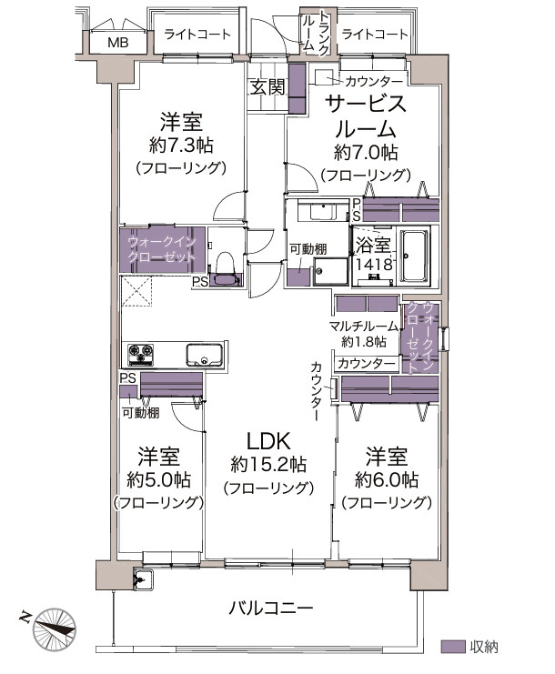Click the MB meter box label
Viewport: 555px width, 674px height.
pos(117,43)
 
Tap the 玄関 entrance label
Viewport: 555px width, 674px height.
pos(267,87)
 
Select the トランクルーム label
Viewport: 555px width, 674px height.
pos(316,33)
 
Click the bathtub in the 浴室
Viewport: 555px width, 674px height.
pos(415,257)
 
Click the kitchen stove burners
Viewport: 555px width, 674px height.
pos(141,354)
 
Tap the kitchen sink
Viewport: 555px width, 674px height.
pos(204,354)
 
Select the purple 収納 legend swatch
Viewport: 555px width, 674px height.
pos(453,647)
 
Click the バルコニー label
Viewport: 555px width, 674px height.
pos(270,609)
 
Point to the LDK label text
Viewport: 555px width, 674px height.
pos(268,440)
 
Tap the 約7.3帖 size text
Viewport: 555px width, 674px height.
pos(181,146)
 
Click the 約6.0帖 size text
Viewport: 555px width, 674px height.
pos(387,478)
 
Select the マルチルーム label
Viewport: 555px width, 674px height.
pos(364,327)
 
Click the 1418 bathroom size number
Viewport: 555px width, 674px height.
pos(374,264)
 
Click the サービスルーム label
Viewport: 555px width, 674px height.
pos(366,116)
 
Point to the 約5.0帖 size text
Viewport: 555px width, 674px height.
pos(158,479)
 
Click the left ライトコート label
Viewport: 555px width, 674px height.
pos(197,35)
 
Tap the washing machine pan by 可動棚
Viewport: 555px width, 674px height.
pos(330,271)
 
